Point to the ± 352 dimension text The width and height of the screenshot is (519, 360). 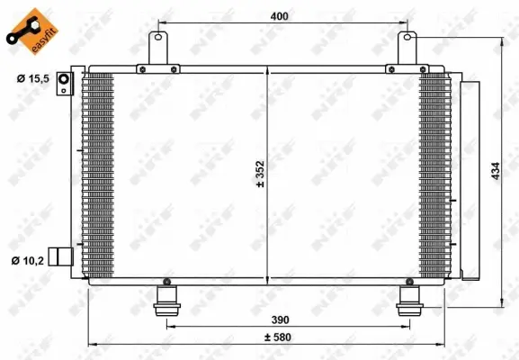(260, 174)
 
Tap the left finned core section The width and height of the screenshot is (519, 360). (99, 175)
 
